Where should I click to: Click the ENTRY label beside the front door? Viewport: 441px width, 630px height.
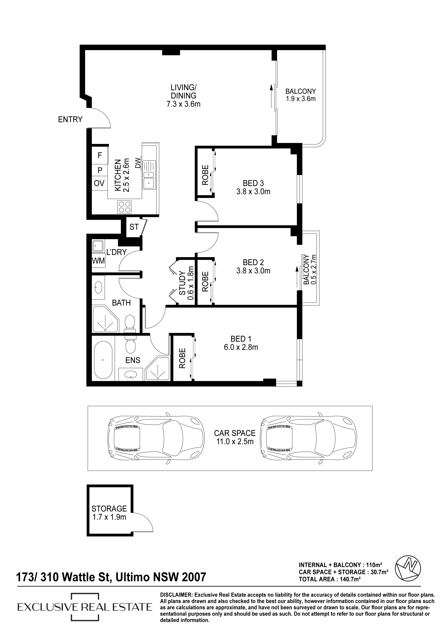point(70,119)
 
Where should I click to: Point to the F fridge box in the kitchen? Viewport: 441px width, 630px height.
point(100,156)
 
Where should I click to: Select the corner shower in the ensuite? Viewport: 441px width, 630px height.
point(157,369)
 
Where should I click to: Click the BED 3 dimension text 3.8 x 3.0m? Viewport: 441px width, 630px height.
point(253,192)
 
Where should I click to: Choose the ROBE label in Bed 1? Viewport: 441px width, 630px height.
point(182,358)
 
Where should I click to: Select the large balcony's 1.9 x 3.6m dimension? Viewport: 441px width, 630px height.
point(301,99)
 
